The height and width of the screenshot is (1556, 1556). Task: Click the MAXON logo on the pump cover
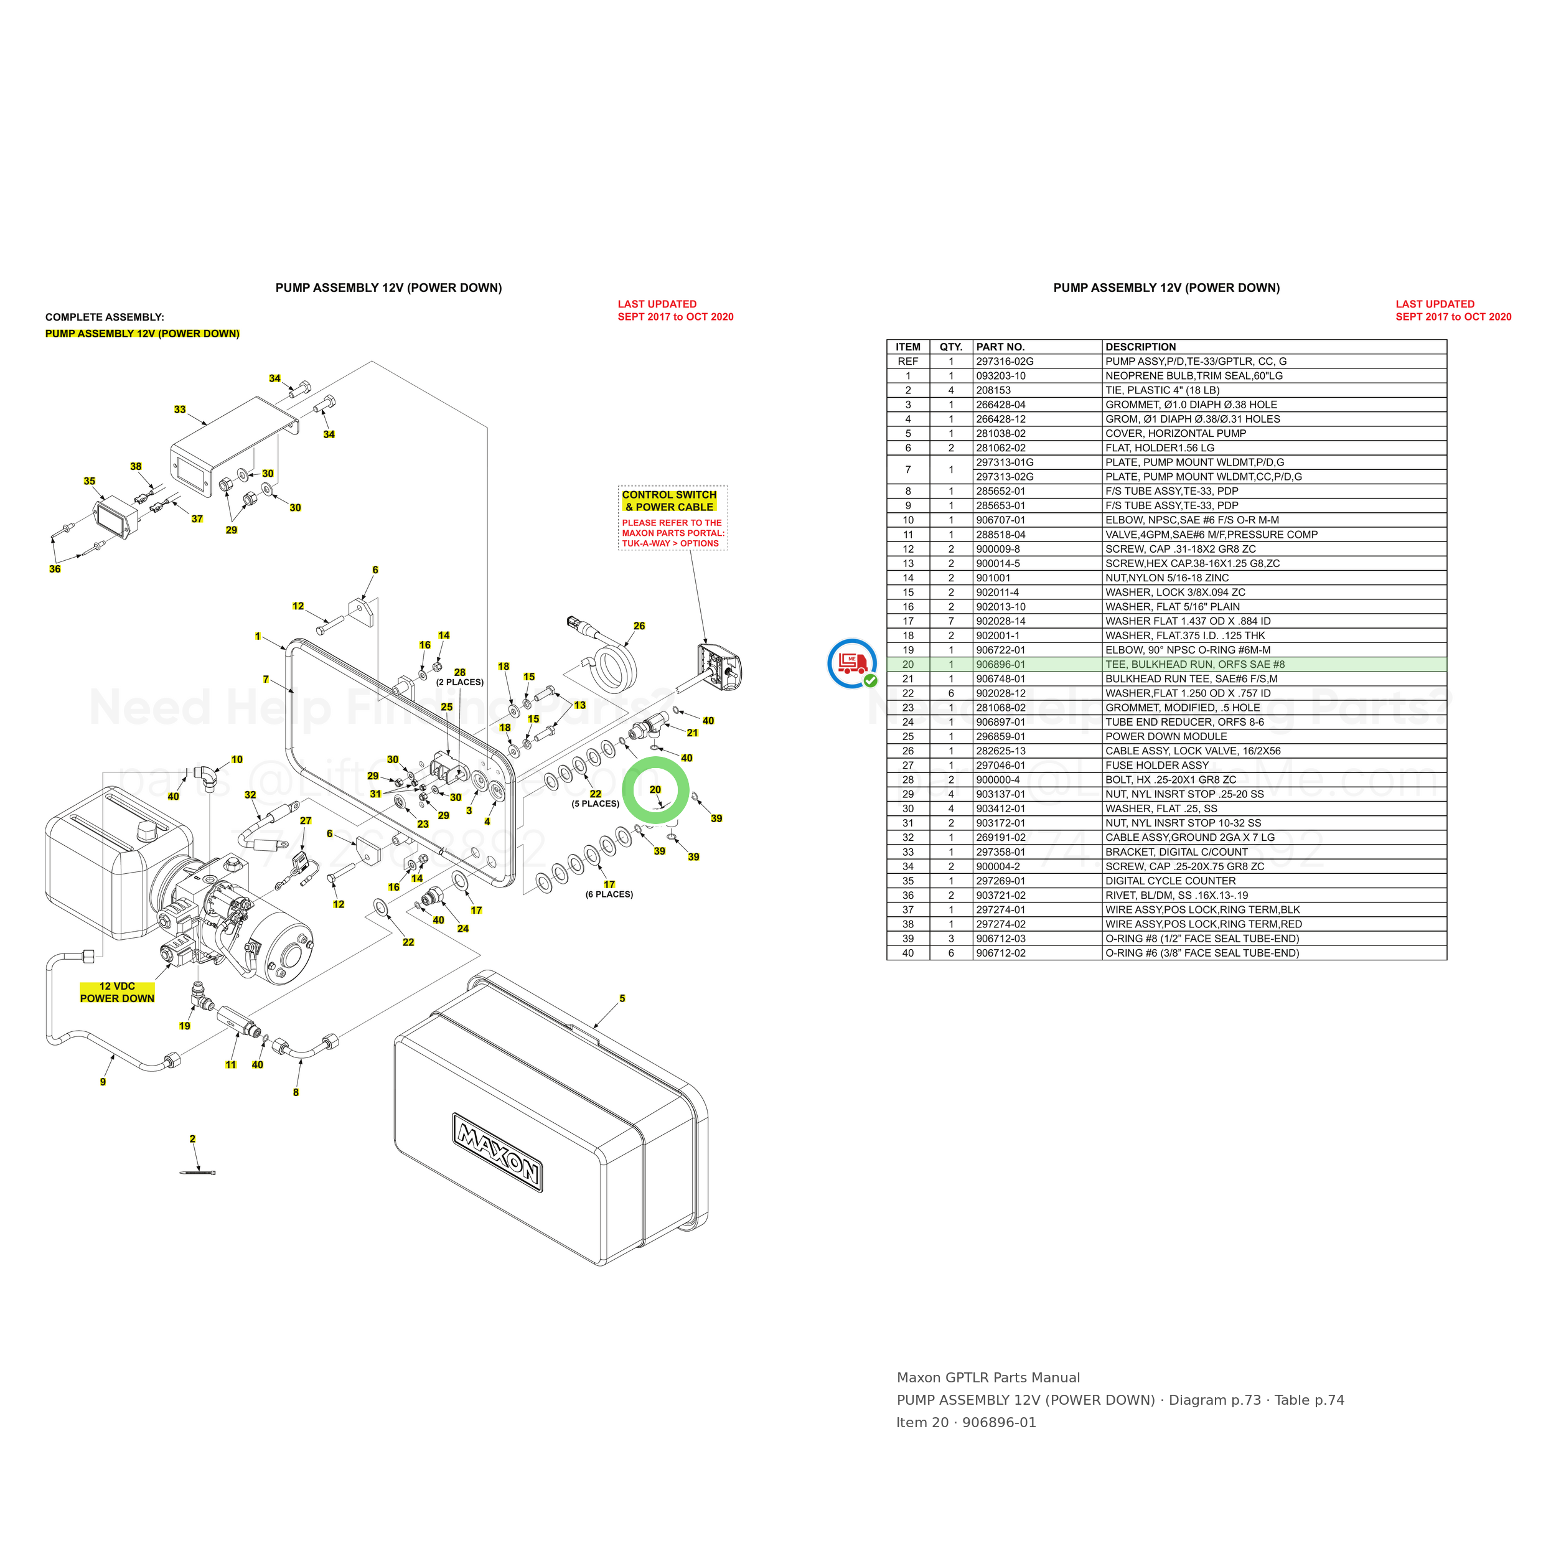tap(497, 1153)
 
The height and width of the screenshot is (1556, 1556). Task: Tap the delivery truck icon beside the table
tap(852, 663)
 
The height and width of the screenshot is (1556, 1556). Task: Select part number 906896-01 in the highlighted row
tap(1000, 665)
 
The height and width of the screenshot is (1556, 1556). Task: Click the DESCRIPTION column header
tap(1140, 347)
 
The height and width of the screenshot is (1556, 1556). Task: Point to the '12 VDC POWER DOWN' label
tap(117, 992)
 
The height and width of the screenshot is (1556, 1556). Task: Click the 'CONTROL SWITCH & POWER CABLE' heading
tap(669, 501)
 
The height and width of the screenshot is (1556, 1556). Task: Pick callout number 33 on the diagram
tap(180, 409)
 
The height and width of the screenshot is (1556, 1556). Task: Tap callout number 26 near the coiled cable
tap(639, 626)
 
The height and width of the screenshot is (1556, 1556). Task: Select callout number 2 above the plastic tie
tap(192, 1139)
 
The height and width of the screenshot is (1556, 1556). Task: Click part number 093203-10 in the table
tap(1000, 376)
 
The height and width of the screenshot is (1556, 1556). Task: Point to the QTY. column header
tap(951, 347)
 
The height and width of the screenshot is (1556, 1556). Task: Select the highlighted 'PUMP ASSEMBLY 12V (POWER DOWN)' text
tap(143, 334)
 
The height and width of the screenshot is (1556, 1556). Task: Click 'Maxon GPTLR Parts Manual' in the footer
tap(988, 1378)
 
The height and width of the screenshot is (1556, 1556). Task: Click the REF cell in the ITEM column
tap(907, 362)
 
